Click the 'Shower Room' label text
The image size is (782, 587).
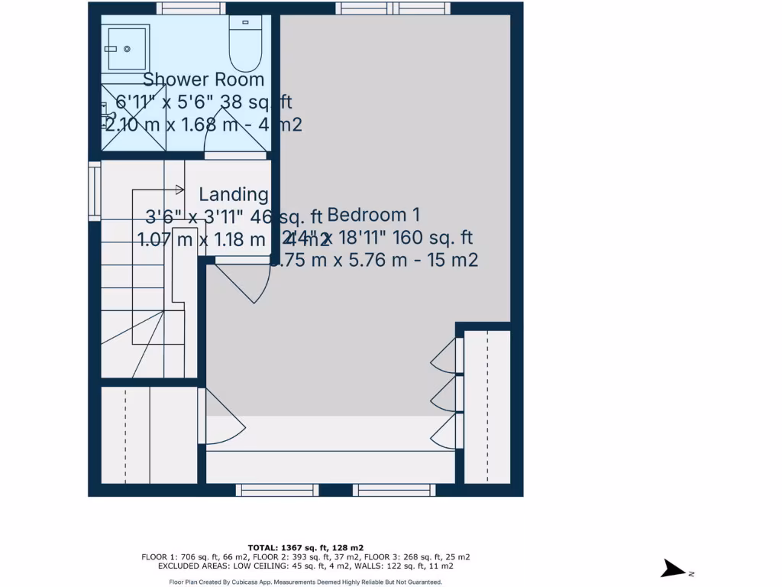click(x=203, y=79)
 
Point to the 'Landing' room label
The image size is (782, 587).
click(x=234, y=195)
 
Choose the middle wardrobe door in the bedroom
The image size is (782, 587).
click(x=445, y=394)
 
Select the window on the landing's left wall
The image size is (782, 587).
click(x=94, y=190)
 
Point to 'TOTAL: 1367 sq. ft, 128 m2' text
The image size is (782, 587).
click(x=305, y=547)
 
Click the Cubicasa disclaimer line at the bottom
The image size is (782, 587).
click(x=305, y=582)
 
